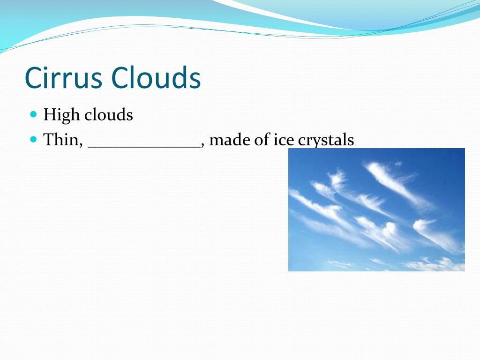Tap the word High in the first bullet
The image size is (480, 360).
(61, 115)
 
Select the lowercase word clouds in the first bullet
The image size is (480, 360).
(109, 114)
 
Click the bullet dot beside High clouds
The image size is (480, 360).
(34, 114)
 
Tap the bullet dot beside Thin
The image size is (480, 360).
(34, 140)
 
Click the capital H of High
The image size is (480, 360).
(49, 114)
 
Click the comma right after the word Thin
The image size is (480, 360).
(81, 146)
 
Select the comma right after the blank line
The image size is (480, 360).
(202, 146)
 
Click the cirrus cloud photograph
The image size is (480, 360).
(376, 210)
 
